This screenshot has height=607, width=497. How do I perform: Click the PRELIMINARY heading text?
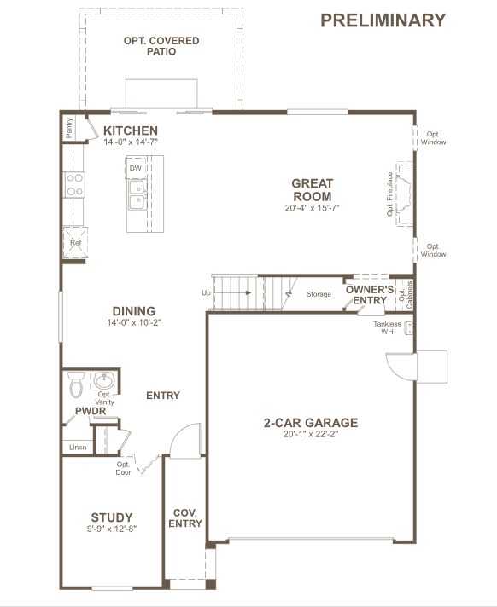tap(383, 20)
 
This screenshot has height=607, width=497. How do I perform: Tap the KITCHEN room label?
tap(131, 130)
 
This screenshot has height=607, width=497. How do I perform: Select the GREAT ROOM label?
tap(312, 189)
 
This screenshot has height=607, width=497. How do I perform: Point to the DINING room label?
tap(134, 311)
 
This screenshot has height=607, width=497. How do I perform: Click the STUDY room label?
tap(112, 517)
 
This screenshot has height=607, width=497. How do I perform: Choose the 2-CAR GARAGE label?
tap(311, 422)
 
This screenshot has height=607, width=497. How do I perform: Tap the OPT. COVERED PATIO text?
tap(161, 46)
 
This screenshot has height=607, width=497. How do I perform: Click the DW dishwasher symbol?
tap(135, 168)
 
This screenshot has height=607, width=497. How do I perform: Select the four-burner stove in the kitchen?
tap(74, 185)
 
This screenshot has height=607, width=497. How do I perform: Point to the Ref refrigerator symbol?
tap(75, 243)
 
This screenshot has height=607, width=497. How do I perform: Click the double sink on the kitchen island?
tap(137, 194)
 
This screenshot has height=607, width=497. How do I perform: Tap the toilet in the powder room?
tap(76, 384)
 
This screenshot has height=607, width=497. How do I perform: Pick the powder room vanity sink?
tap(104, 381)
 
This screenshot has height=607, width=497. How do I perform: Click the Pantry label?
tap(69, 128)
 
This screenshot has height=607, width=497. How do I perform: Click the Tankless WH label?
tap(387, 327)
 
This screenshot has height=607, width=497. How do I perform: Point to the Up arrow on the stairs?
tap(231, 292)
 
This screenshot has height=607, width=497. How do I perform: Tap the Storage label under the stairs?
tap(319, 294)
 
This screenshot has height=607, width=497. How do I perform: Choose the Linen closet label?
tap(78, 447)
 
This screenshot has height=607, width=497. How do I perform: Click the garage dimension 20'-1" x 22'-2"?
tap(311, 434)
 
